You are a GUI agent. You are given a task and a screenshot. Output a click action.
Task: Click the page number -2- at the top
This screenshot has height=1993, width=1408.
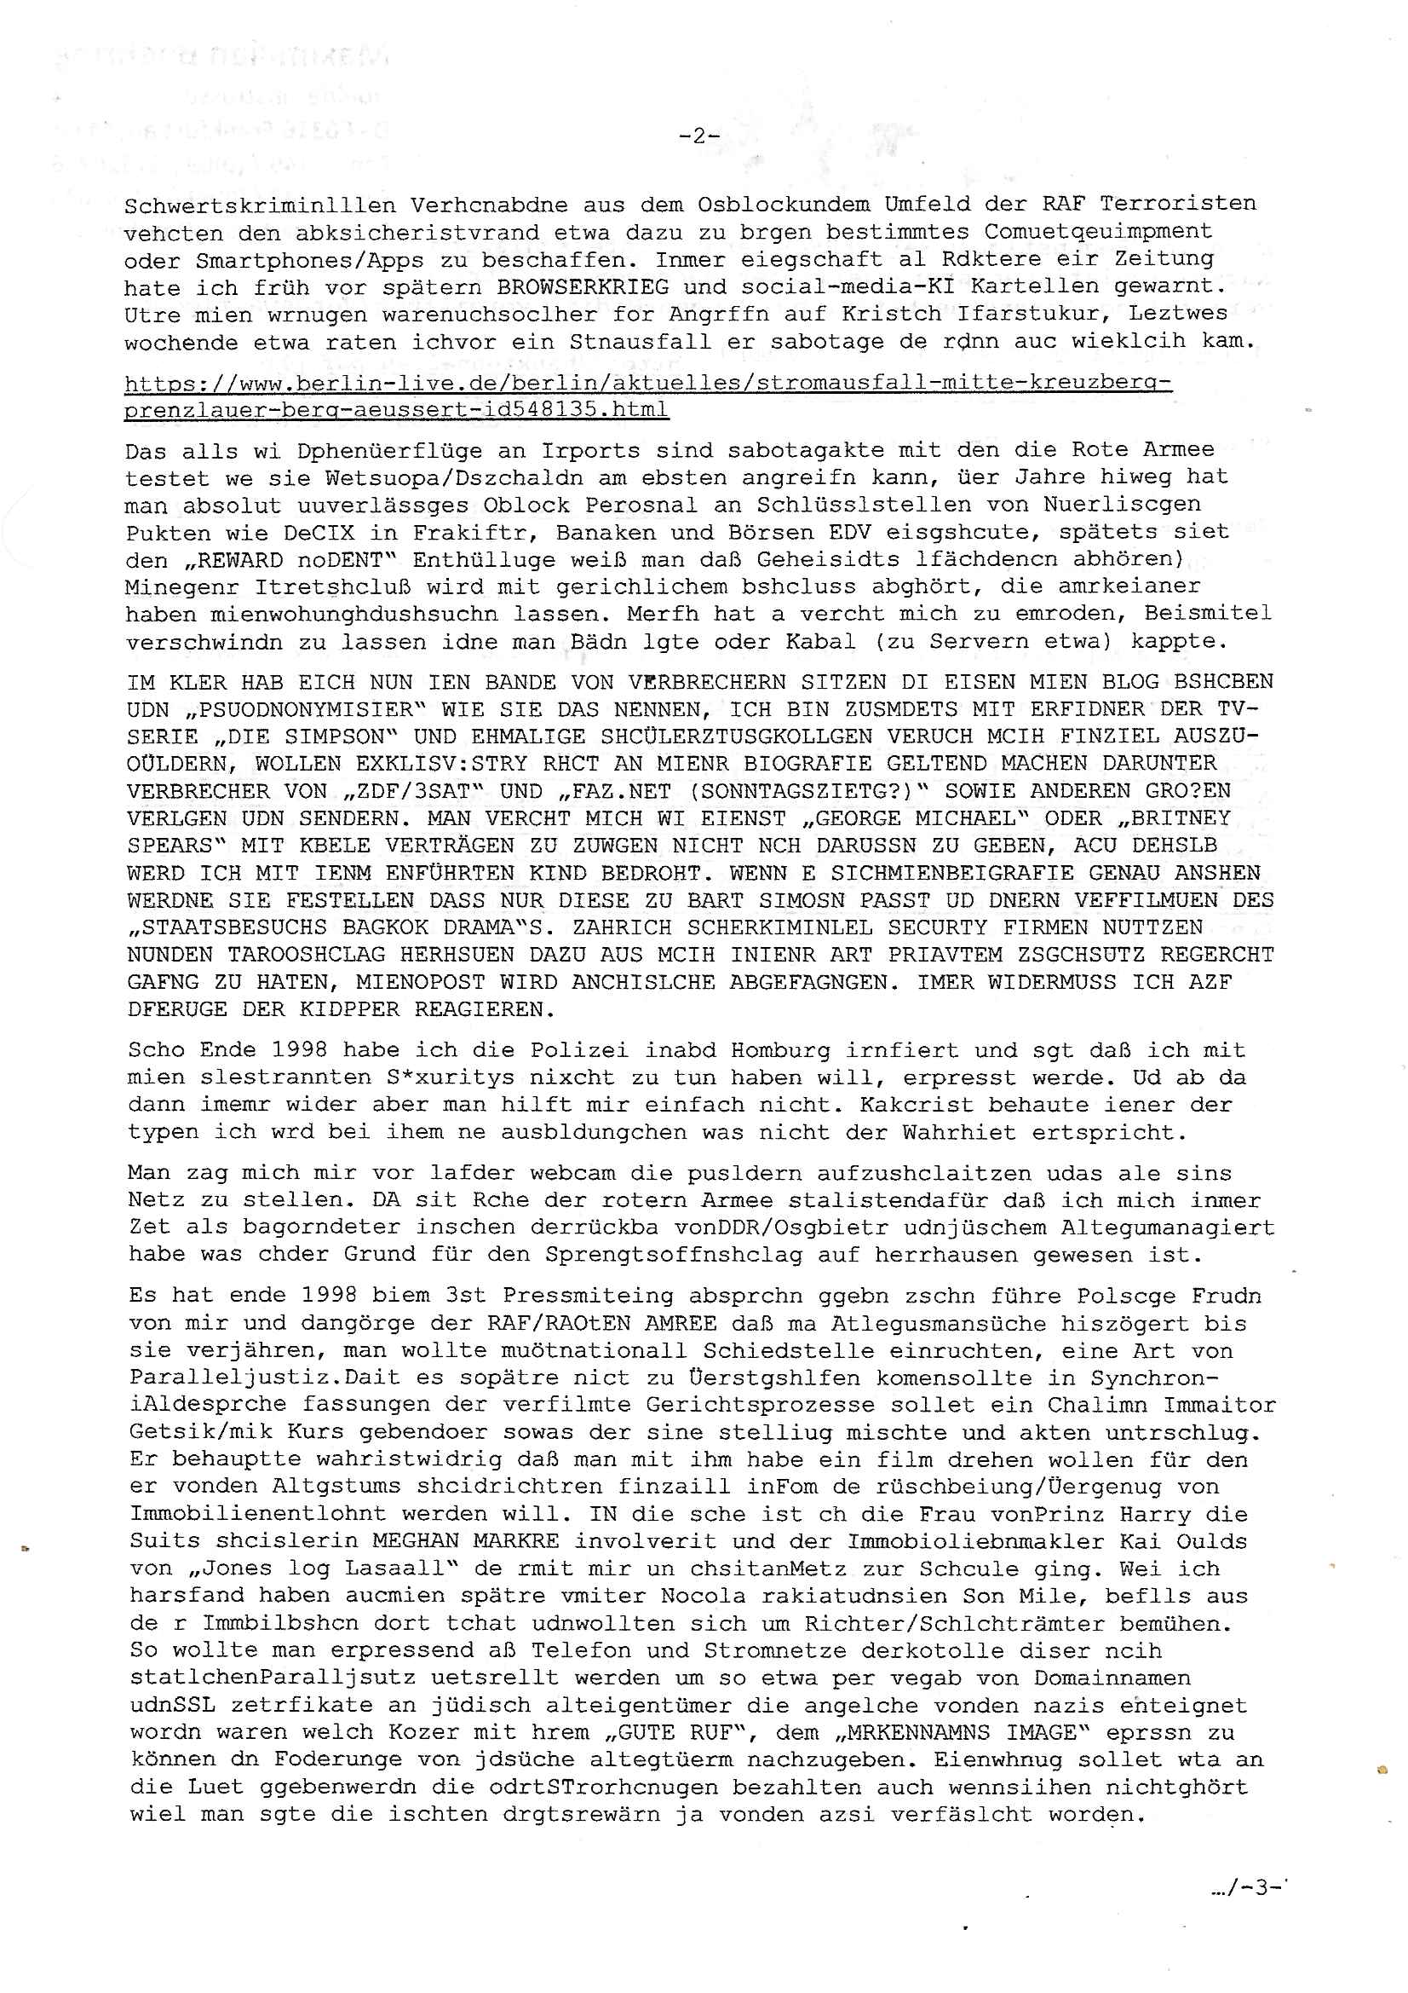tap(698, 136)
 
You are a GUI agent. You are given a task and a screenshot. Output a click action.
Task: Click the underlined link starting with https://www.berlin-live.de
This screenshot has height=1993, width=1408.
tap(647, 396)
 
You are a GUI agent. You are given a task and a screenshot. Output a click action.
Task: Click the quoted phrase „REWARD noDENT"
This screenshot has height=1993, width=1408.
tap(267, 559)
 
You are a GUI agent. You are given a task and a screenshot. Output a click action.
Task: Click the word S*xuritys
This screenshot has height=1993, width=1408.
tap(451, 1078)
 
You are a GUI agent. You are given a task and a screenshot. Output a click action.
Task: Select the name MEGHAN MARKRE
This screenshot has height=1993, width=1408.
tap(466, 1541)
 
